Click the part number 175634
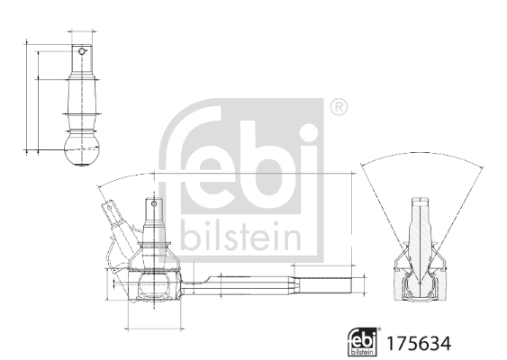(x=417, y=343)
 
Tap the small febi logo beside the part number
(x=362, y=342)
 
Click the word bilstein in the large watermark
(x=241, y=237)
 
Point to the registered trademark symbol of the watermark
(x=338, y=108)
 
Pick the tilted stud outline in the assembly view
(x=118, y=225)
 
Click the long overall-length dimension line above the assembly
(x=252, y=172)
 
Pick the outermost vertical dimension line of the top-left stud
(x=28, y=94)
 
